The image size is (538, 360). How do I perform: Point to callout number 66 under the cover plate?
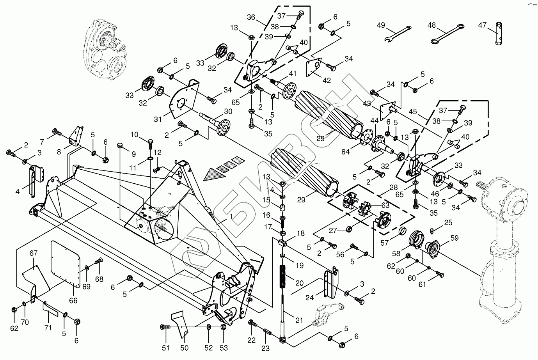tap(73, 300)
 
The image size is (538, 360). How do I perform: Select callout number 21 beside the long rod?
tap(299, 320)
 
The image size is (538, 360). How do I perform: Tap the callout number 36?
tap(251, 17)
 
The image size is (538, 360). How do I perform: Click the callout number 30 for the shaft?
tap(228, 111)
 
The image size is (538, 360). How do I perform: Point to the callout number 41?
tap(293, 73)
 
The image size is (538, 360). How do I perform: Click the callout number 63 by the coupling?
tap(385, 205)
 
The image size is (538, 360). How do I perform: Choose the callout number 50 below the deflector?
tap(184, 348)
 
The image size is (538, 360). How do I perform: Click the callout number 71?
tap(48, 328)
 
